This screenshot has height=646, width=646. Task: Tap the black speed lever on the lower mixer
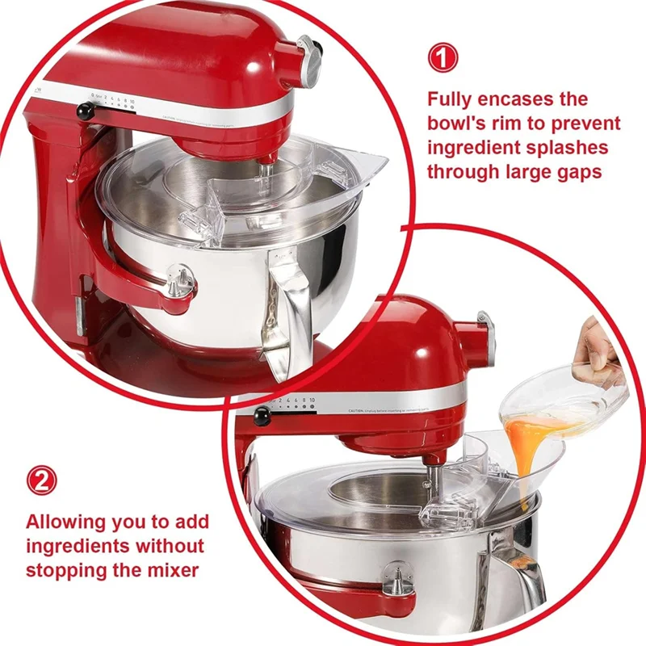(x=262, y=414)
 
